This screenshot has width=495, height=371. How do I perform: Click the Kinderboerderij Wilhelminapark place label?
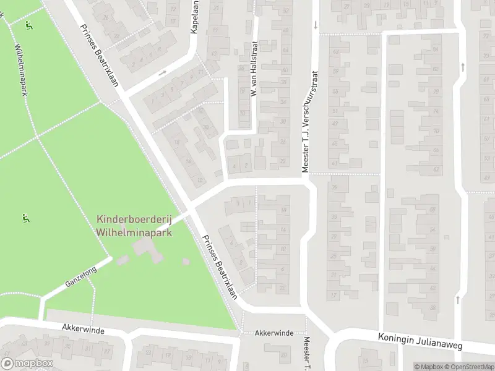coord(134,226)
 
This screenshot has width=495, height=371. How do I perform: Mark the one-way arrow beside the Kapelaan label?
coord(163,73)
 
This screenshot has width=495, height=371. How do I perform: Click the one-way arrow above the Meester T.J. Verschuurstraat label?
coord(316,25)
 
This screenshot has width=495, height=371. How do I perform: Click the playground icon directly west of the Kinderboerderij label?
coord(25,218)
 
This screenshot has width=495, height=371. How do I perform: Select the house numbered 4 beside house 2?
coord(235,165)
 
